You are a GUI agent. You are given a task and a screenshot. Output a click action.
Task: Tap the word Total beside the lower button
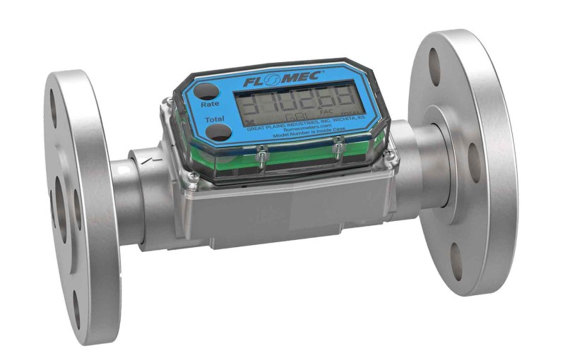pos(215,119)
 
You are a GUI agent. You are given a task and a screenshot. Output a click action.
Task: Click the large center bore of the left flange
pos(59,204)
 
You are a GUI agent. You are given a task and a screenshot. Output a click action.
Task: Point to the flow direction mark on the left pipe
pos(145,161)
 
